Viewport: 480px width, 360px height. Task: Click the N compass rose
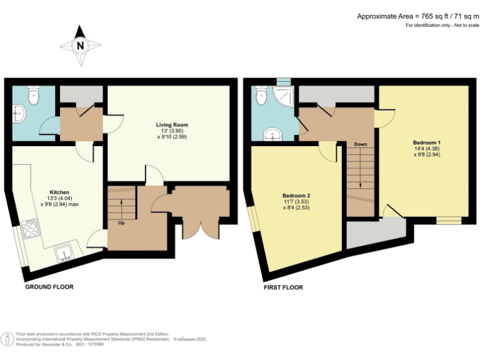pos(80,46)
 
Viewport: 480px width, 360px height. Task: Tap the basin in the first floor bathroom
pos(272,134)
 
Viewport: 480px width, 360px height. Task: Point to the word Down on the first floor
pos(360,144)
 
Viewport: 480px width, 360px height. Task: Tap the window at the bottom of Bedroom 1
pos(448,220)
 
